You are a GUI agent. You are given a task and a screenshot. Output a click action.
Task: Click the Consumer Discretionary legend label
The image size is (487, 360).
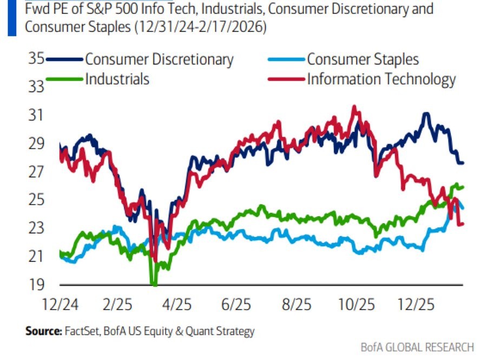pyautogui.click(x=159, y=59)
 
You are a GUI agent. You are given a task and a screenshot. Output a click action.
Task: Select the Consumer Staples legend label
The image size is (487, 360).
pyautogui.click(x=363, y=59)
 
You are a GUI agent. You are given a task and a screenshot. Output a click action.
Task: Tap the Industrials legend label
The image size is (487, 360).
pyautogui.click(x=117, y=79)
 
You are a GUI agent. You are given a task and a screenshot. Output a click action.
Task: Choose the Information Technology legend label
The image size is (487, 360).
pyautogui.click(x=381, y=79)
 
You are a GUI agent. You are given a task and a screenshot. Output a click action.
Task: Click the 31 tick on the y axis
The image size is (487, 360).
pyautogui.click(x=35, y=115)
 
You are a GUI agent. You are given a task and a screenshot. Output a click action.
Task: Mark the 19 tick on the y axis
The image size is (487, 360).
pyautogui.click(x=35, y=284)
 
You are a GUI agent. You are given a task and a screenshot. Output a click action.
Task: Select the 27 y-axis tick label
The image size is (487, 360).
pyautogui.click(x=35, y=172)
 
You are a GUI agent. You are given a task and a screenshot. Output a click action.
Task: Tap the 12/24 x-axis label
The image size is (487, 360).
pyautogui.click(x=60, y=304)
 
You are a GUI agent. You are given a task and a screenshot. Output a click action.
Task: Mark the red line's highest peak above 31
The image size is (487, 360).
pyautogui.click(x=354, y=107)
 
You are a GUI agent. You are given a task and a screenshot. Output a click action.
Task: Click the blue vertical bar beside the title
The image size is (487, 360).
pyautogui.click(x=12, y=18)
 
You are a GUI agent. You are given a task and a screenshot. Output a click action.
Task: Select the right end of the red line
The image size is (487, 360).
pyautogui.click(x=463, y=224)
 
